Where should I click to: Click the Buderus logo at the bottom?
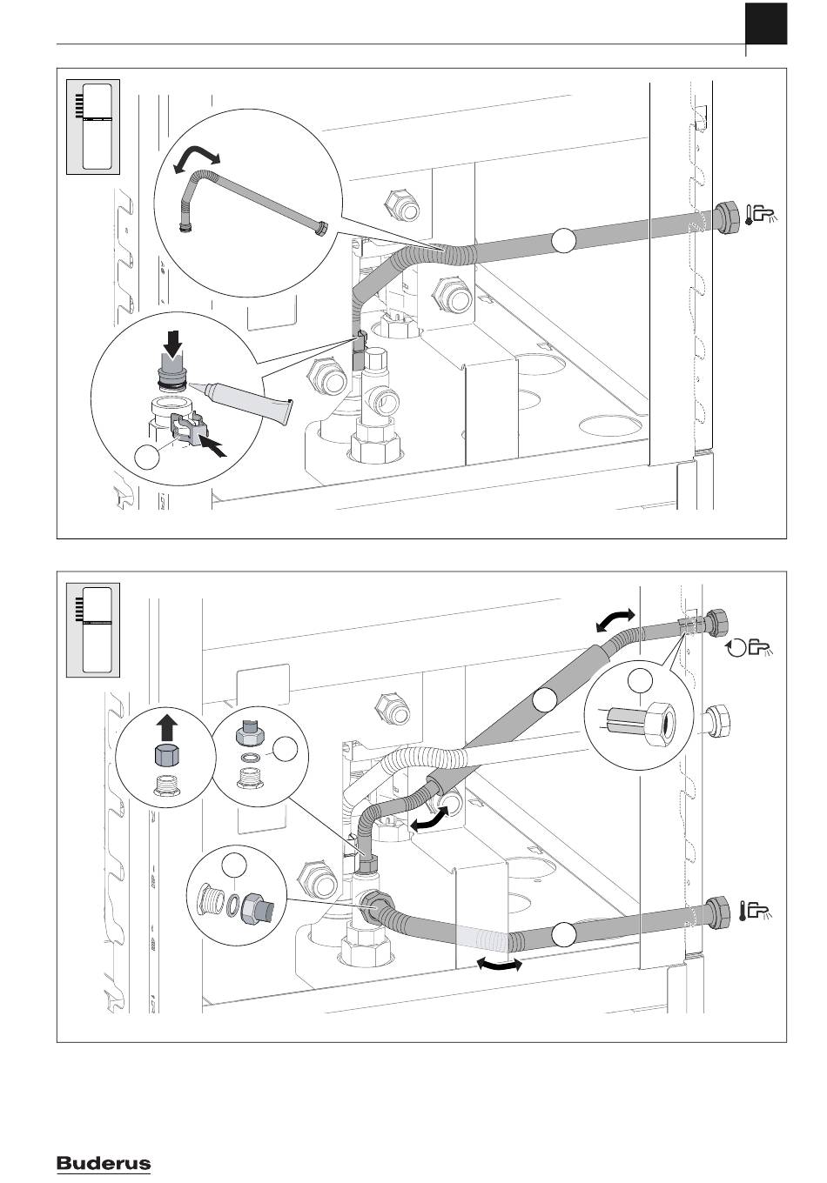[x=104, y=1164]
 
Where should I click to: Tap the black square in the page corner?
[x=766, y=23]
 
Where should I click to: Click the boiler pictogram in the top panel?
[x=93, y=126]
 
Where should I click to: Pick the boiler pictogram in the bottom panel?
[x=93, y=629]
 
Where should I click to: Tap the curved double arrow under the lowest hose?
[x=500, y=964]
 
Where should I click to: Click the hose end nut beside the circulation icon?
[x=719, y=624]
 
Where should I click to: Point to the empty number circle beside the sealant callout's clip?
[x=147, y=456]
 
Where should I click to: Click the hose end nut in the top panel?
[x=726, y=214]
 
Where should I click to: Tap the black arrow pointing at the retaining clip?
[x=213, y=445]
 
